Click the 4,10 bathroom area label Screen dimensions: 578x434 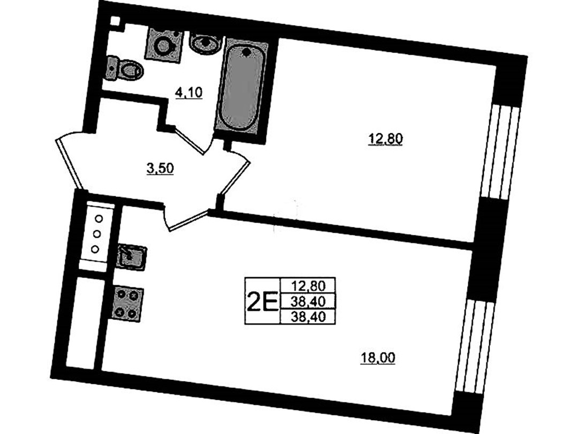[189, 92]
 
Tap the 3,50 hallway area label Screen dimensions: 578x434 [160, 169]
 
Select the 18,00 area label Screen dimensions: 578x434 [377, 357]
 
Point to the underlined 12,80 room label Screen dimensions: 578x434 [385, 139]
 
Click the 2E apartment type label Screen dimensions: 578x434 [262, 301]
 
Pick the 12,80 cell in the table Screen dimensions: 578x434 [308, 285]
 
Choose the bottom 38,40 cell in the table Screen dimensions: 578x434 [308, 316]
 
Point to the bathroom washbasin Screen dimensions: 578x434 [205, 43]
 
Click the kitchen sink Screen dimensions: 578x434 [132, 256]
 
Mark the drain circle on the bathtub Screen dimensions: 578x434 [246, 52]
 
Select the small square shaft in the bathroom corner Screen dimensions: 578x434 [116, 21]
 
